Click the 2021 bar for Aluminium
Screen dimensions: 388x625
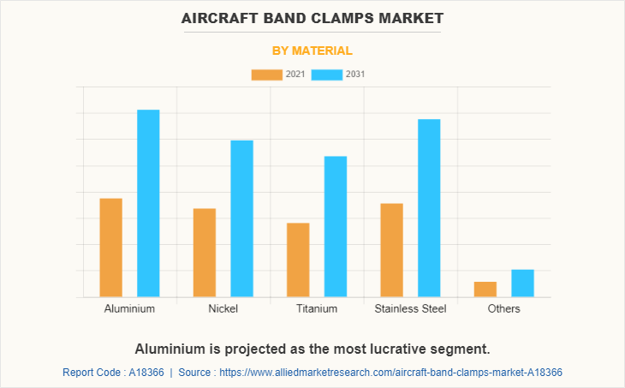tap(111, 248)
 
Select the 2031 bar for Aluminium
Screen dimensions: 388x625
tap(148, 203)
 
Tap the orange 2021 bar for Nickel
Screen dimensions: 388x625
tap(205, 253)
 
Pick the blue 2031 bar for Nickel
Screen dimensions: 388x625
tap(241, 218)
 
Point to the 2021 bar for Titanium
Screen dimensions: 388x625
tap(298, 260)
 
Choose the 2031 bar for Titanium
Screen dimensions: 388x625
tap(336, 226)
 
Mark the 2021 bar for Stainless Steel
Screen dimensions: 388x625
tap(391, 250)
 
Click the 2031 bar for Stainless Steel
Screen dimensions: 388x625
tap(429, 208)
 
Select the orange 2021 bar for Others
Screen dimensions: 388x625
tap(485, 290)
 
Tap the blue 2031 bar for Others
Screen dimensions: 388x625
tap(523, 284)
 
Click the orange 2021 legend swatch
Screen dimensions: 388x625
tap(266, 75)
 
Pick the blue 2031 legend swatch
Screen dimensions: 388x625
tap(327, 75)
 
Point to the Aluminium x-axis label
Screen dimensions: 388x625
tap(129, 308)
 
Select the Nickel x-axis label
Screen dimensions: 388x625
tap(223, 308)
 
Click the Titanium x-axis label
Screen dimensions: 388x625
tap(317, 308)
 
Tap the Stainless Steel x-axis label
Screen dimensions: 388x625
tap(410, 308)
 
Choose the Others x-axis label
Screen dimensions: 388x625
tap(503, 308)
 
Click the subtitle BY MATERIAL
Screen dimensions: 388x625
tap(312, 51)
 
